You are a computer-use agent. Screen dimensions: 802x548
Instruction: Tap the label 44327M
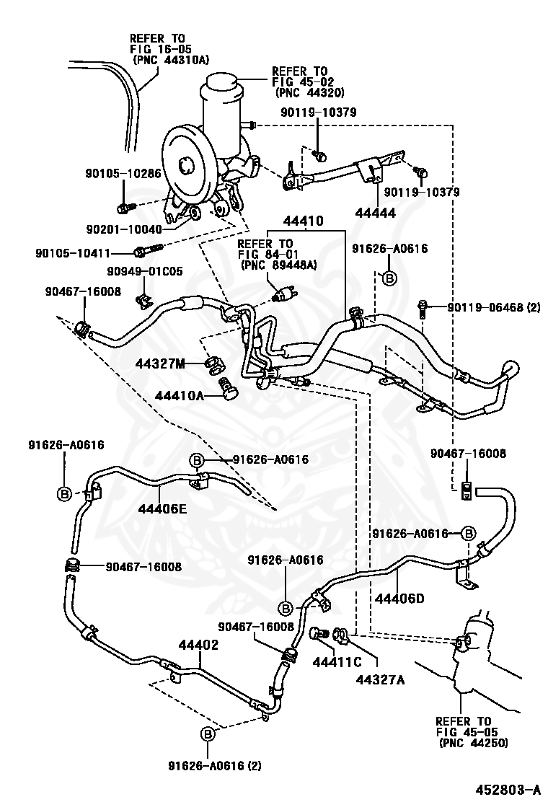pos(160,365)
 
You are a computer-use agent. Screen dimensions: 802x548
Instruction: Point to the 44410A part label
pos(179,396)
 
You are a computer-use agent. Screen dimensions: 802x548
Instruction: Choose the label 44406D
pos(399,599)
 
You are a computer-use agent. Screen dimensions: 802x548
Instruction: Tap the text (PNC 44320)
pos(310,93)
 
